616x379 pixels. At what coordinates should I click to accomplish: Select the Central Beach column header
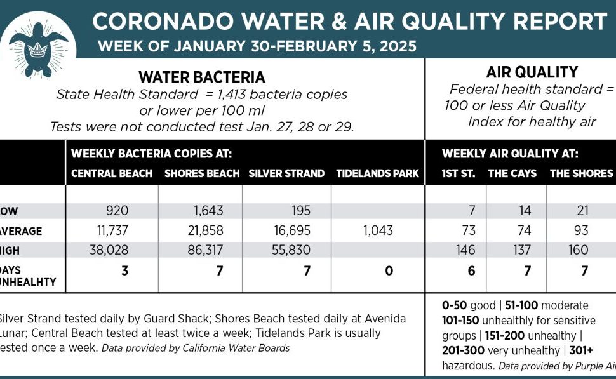coord(112,173)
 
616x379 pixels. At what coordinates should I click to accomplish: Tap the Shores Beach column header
coord(202,173)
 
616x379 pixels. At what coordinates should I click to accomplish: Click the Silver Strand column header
coord(286,173)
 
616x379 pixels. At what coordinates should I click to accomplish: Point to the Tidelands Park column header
coord(377,173)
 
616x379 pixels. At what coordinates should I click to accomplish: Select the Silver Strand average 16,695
coord(289,231)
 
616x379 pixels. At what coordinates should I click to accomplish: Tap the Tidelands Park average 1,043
coord(378,231)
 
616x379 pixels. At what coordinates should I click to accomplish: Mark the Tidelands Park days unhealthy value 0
coord(389,271)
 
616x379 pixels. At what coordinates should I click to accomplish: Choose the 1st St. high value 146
coord(465,250)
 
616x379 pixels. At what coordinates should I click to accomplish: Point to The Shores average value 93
coord(579,231)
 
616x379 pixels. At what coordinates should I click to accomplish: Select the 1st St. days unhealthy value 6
coord(471,271)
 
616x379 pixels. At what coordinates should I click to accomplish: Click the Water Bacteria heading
coord(201,77)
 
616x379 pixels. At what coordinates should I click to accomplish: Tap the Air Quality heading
coord(523,72)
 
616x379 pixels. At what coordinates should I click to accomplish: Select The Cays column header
coord(512,173)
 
